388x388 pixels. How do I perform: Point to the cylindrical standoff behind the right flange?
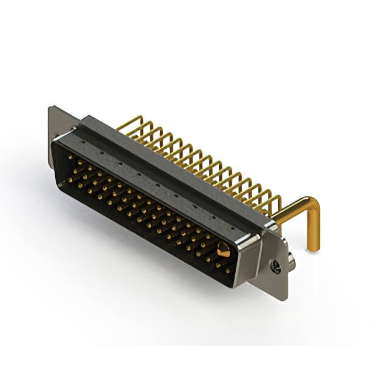coord(292,260)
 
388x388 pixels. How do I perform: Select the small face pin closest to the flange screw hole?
coord(230,267)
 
